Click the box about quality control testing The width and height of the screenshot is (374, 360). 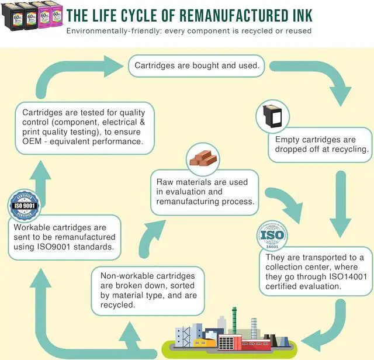pos(84,127)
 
